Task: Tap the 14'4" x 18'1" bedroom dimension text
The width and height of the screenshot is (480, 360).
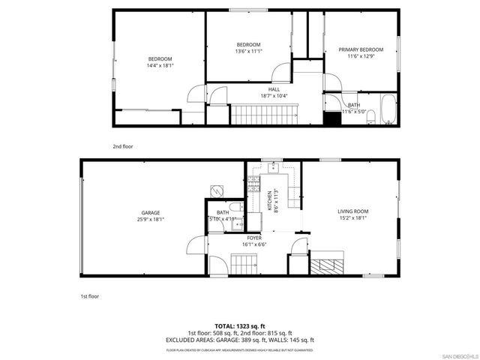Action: click(x=160, y=66)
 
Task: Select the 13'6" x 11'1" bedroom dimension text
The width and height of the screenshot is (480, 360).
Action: click(x=248, y=52)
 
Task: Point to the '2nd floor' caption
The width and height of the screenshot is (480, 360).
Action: click(x=122, y=147)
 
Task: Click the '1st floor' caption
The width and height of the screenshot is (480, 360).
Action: click(x=90, y=296)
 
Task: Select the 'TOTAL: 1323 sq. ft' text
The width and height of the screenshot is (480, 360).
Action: click(x=240, y=326)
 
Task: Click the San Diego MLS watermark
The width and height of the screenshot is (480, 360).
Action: click(x=457, y=355)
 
